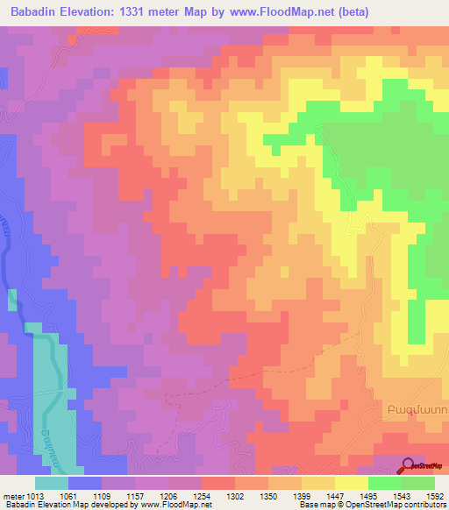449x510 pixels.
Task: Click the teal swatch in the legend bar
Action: point(52,483)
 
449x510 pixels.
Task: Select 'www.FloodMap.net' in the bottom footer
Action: point(178,504)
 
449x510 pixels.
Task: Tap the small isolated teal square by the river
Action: point(12,300)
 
